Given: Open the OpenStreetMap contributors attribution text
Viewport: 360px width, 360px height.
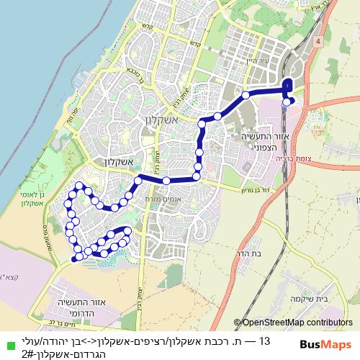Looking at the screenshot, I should click(292, 323).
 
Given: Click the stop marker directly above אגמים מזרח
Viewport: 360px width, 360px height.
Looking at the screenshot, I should click(167, 180).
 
